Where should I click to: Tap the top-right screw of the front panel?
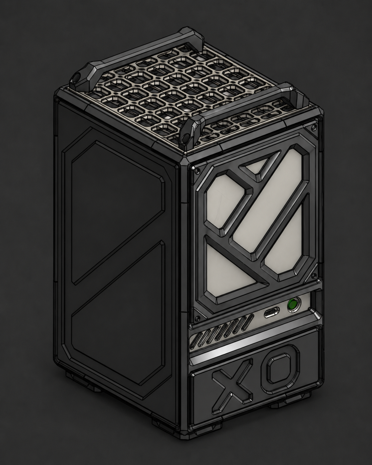311,128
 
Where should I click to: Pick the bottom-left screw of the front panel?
197,318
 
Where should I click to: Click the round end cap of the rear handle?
77,77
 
